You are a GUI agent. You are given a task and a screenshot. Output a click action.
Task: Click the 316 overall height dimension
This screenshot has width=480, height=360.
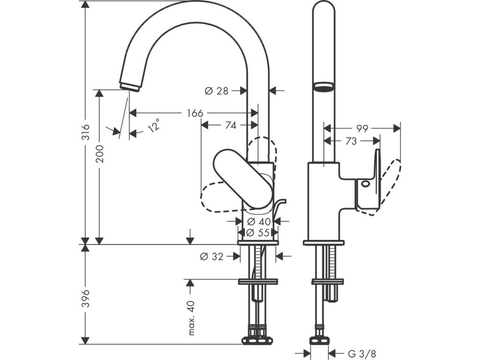[x=87, y=132]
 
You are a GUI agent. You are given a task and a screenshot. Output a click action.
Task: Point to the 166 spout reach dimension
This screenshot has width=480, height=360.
[x=195, y=113]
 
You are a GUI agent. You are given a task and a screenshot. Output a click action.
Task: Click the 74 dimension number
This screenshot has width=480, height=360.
[x=231, y=125]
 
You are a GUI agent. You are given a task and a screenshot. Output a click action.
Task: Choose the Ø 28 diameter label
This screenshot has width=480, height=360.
[x=217, y=91]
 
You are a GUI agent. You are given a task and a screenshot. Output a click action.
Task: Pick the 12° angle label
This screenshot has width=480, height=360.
[x=155, y=125]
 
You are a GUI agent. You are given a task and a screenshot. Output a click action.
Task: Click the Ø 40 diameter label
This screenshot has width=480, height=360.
[x=259, y=221]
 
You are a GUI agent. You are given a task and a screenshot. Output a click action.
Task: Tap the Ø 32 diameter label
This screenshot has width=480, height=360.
[x=212, y=256]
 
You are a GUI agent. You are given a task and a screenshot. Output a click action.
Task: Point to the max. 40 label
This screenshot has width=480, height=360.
[x=191, y=318]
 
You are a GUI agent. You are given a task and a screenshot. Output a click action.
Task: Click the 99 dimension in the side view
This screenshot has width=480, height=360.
[x=362, y=128]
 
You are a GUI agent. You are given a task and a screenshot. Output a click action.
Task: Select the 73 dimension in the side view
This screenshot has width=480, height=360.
[x=351, y=141]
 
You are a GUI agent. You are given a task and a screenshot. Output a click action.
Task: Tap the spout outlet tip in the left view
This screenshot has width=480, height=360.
[x=130, y=86]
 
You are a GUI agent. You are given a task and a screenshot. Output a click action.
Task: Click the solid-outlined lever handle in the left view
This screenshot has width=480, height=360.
[x=243, y=178]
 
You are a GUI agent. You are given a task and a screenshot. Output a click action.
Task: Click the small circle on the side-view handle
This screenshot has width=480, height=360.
[x=365, y=184]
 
